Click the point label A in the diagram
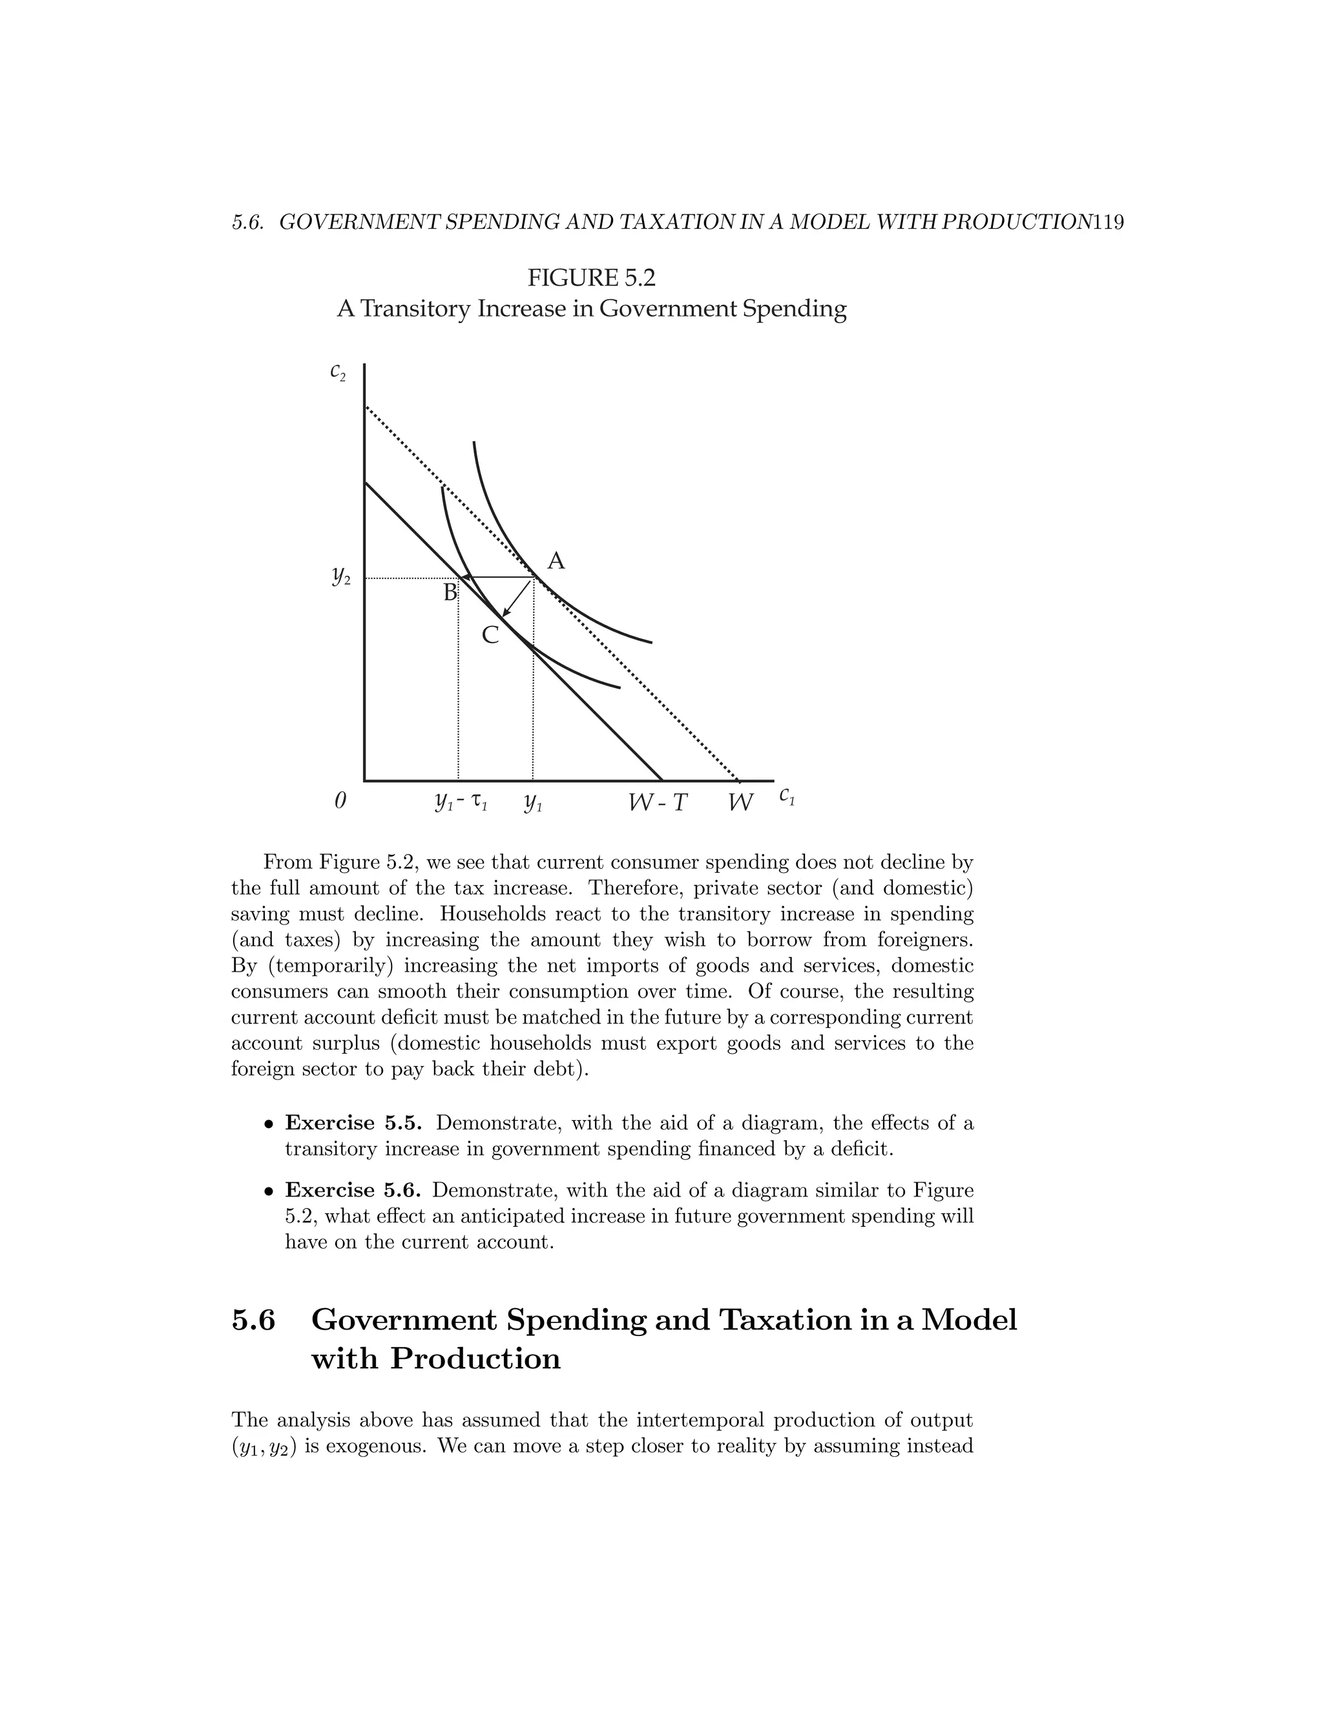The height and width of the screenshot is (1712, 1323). click(x=556, y=561)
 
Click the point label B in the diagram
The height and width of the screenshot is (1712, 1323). click(x=450, y=592)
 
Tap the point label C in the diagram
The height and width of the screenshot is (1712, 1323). click(x=490, y=635)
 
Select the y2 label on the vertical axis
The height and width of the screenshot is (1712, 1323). click(x=341, y=578)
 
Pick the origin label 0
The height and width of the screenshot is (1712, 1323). click(x=340, y=801)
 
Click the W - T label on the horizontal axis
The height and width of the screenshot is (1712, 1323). click(x=658, y=802)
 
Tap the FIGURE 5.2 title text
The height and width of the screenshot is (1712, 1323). click(x=591, y=278)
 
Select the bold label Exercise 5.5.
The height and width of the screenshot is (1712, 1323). click(x=353, y=1123)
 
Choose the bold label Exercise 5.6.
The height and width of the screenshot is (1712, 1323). click(x=353, y=1191)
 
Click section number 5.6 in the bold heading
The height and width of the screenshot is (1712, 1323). click(x=253, y=1320)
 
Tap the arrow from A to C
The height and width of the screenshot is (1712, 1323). click(x=518, y=598)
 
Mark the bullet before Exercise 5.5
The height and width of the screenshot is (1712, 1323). click(x=269, y=1125)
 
